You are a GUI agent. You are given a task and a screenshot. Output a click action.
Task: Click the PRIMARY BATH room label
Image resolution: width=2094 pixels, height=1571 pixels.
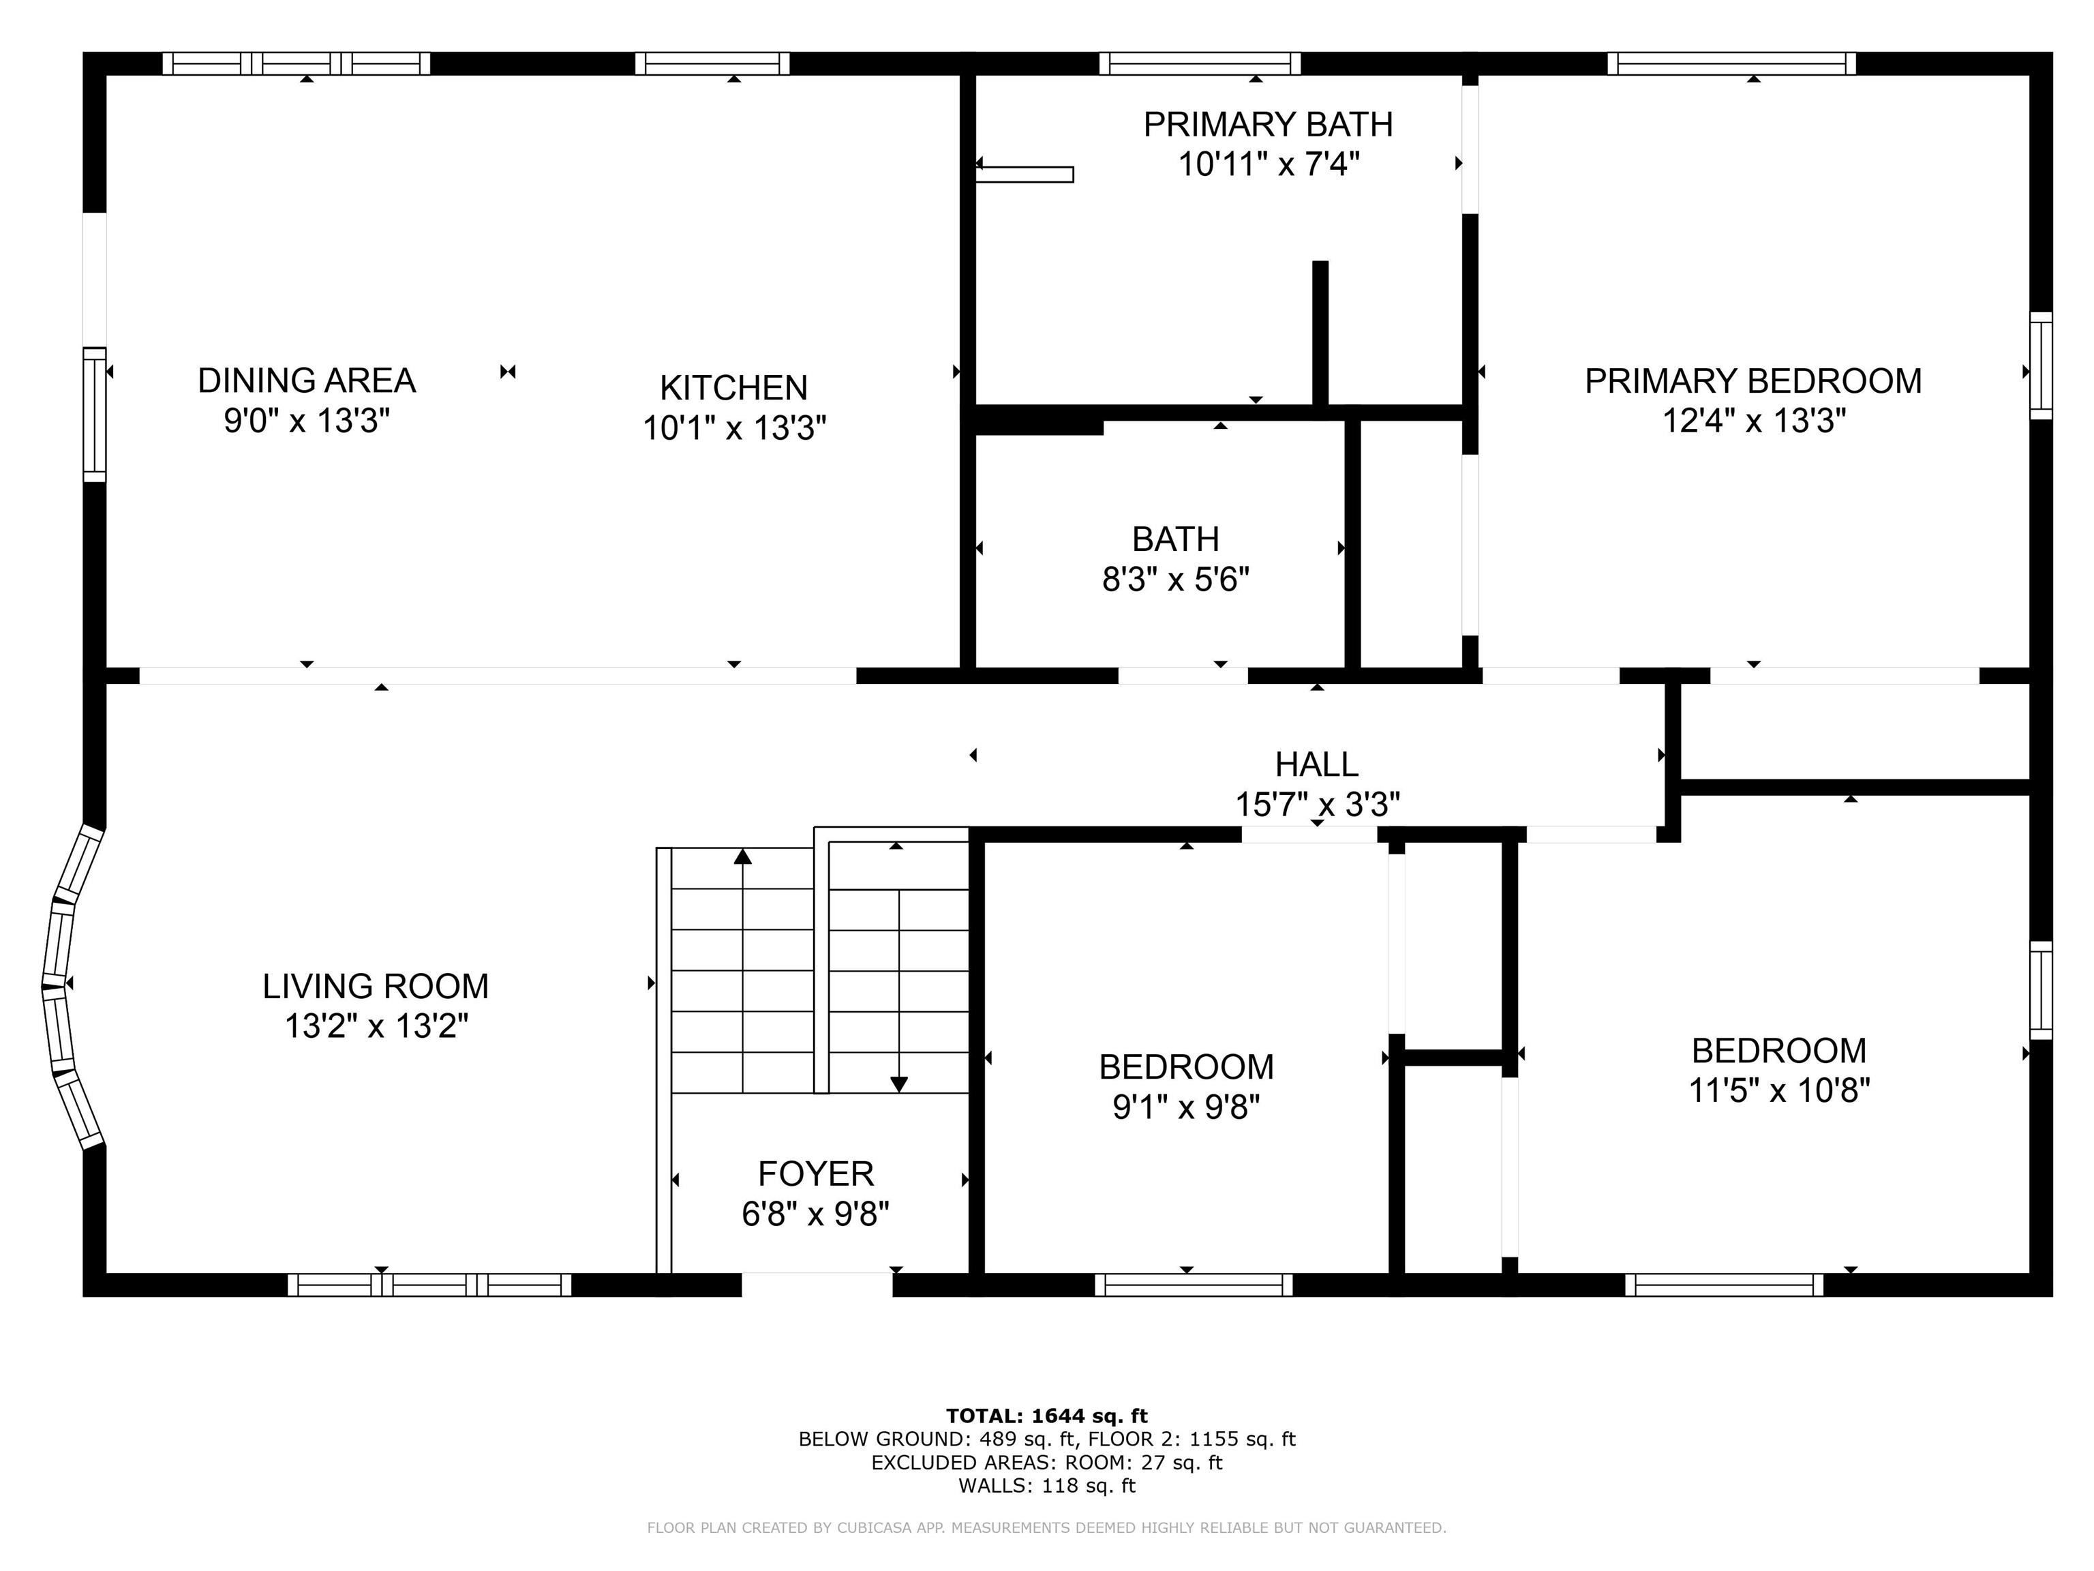click(x=1268, y=124)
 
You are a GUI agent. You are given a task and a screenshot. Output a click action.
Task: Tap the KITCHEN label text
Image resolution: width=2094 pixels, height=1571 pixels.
click(x=733, y=387)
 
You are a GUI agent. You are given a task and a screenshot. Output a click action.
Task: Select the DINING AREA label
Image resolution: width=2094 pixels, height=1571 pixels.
click(x=307, y=380)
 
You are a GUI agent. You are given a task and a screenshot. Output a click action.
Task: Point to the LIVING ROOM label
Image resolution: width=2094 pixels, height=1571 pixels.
click(x=376, y=986)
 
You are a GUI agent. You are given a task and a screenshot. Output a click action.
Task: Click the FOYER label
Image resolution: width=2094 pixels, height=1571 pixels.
click(x=816, y=1173)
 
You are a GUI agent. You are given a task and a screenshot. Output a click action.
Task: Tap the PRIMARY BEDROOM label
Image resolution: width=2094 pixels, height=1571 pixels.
click(x=1753, y=380)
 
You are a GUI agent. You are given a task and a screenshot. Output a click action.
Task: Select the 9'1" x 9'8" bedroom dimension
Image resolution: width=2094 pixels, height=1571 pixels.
click(x=1186, y=1106)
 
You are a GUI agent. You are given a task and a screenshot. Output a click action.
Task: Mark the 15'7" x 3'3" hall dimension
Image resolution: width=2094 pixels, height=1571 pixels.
click(x=1318, y=804)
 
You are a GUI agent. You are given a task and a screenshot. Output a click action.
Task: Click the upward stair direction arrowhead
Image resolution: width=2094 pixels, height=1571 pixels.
click(x=743, y=856)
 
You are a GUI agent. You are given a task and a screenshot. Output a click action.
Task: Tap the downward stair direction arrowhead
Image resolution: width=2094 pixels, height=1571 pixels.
click(x=899, y=1084)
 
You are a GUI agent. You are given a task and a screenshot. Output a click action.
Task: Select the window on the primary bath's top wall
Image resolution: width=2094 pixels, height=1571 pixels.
click(x=1200, y=63)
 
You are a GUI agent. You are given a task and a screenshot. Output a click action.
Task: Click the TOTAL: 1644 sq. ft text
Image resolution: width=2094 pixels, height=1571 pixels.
click(x=1046, y=1416)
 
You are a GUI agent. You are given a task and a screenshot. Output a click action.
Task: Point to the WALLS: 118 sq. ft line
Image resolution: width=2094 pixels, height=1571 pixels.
click(x=1046, y=1485)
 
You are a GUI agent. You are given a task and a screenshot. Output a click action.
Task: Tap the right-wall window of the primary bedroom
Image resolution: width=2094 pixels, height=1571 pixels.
click(x=2041, y=365)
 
